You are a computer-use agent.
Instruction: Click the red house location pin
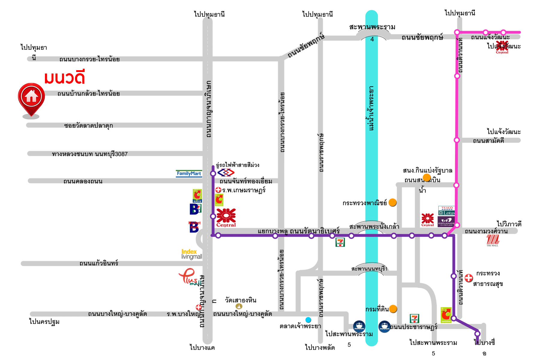point(31,98)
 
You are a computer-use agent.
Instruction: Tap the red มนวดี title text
point(64,77)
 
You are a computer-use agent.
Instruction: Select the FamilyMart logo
point(189,174)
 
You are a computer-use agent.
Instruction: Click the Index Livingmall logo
point(191,254)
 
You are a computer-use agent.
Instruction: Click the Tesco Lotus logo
point(447,211)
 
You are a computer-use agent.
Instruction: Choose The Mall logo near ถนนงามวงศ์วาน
point(492,240)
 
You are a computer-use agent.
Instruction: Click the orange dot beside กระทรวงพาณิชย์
point(392,202)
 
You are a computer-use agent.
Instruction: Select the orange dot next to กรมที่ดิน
point(393,309)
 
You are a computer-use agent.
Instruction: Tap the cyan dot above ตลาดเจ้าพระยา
point(308,319)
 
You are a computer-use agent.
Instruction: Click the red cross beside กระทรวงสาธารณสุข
point(469,278)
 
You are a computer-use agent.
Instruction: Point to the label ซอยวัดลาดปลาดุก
point(88,125)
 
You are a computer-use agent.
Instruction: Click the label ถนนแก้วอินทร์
point(99,263)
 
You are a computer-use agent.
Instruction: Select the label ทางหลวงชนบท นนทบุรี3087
point(90,154)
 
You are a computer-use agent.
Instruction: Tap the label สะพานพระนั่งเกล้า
point(374,226)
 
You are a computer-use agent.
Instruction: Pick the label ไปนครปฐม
point(44,322)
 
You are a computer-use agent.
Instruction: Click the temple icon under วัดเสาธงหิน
point(239,306)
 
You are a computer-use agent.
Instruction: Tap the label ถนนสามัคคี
point(488,141)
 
